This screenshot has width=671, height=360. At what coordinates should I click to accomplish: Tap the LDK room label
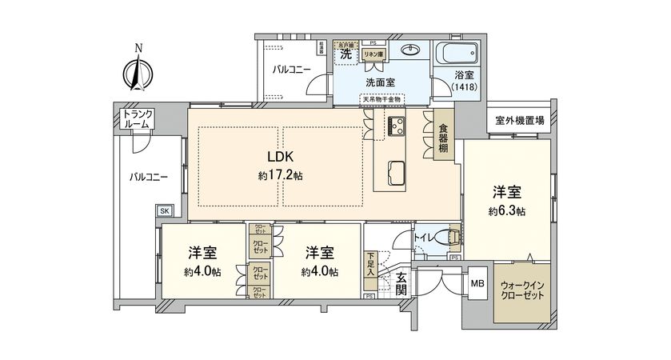(x=280, y=158)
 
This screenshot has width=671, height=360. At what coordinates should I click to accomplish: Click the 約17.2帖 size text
(x=280, y=175)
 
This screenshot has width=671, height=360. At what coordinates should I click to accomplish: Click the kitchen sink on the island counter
(x=396, y=170)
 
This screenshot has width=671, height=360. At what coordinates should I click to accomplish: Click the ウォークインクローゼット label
(x=521, y=290)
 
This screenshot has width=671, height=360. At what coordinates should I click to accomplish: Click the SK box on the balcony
(x=164, y=210)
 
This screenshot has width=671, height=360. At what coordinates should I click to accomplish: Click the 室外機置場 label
(x=518, y=120)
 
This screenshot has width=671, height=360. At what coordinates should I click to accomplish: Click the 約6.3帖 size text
(x=509, y=211)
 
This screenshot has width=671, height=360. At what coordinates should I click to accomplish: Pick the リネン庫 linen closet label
(x=372, y=54)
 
